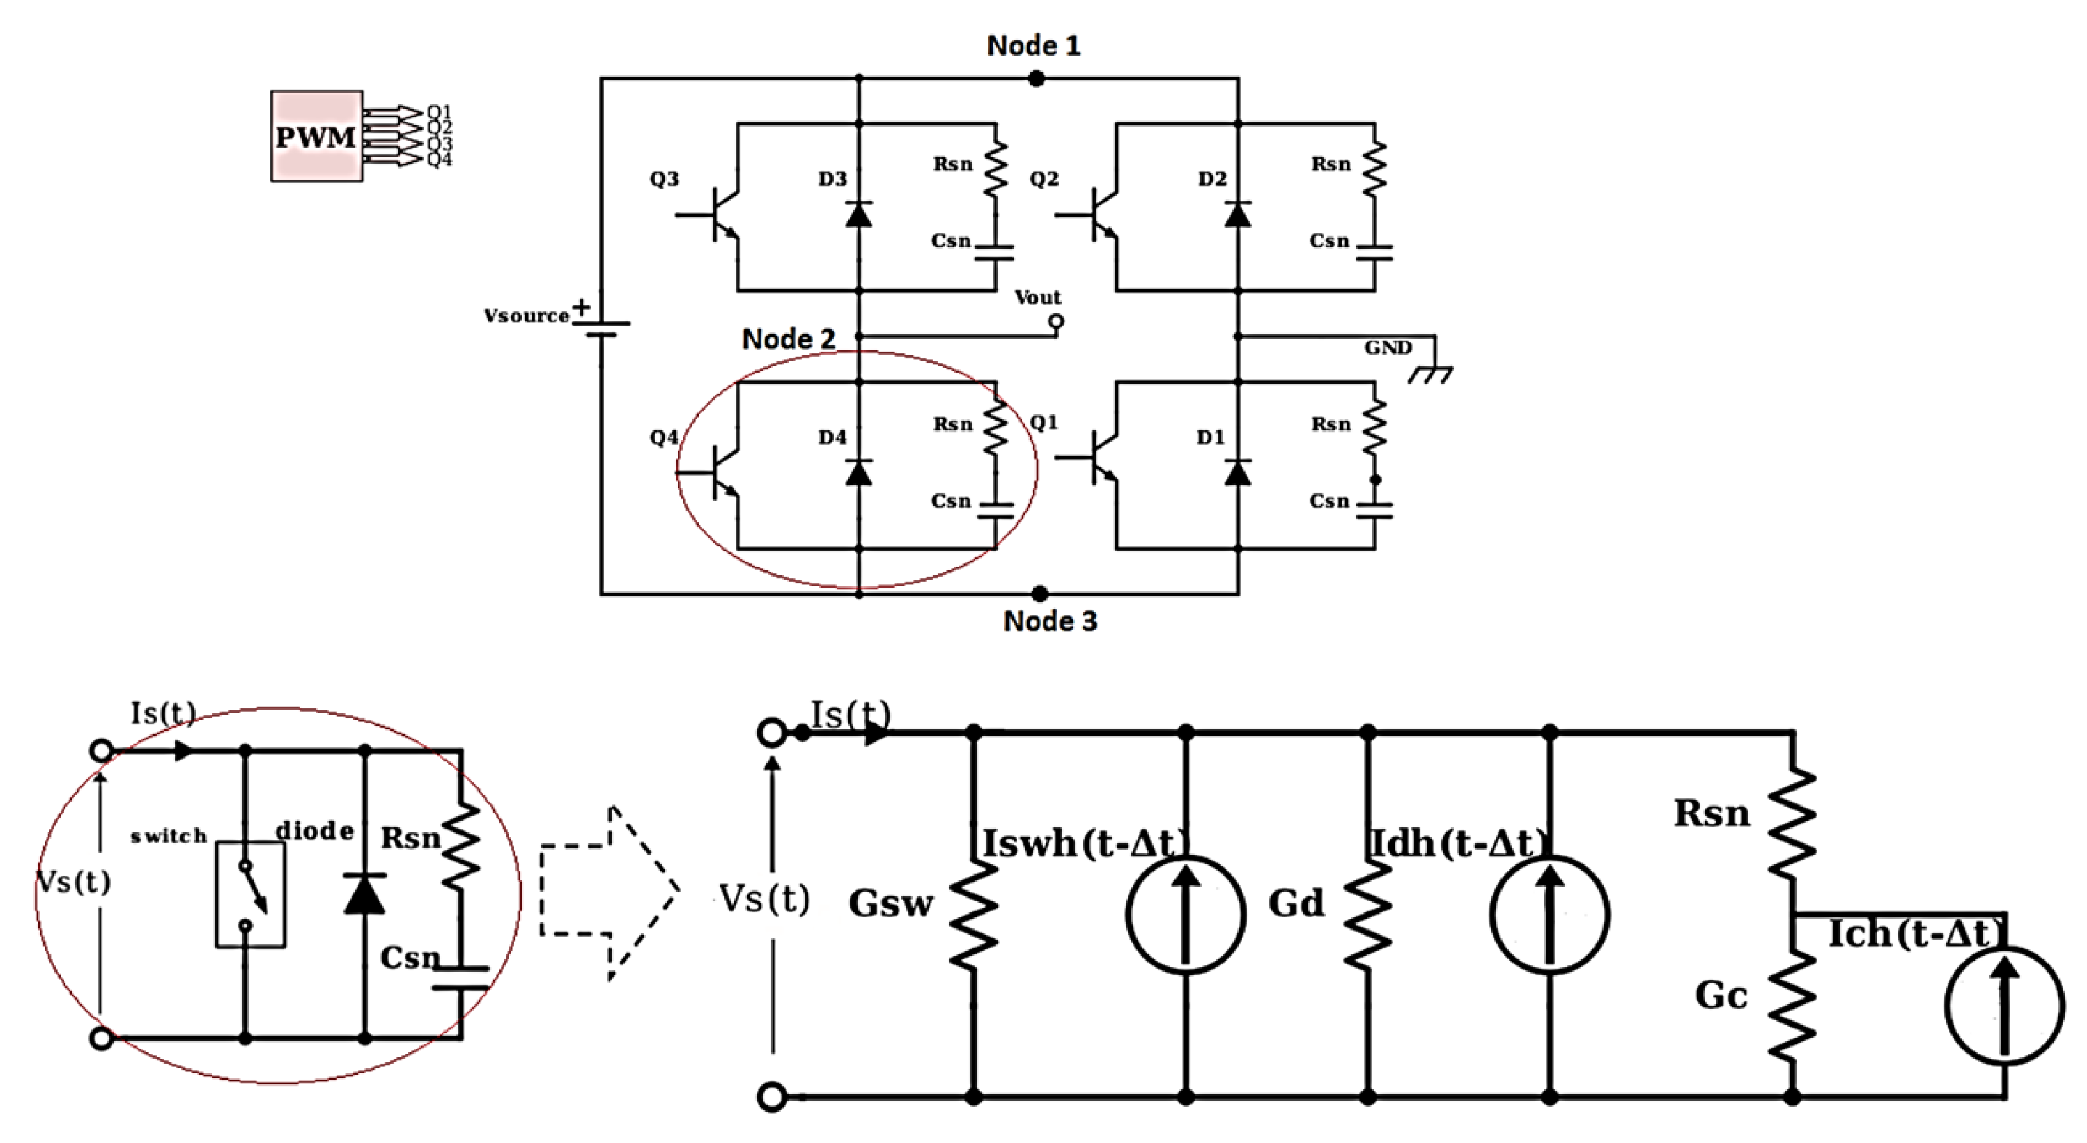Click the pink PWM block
click(x=316, y=136)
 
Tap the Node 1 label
click(x=1033, y=45)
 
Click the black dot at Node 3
click(x=1040, y=593)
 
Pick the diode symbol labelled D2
click(x=1237, y=215)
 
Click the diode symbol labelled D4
click(x=859, y=472)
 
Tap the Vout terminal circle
click(x=1055, y=322)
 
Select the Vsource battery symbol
click(x=601, y=327)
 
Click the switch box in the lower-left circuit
click(x=249, y=894)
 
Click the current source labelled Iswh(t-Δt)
click(x=1186, y=914)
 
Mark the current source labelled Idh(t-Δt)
click(x=1549, y=914)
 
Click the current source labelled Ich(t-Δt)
click(x=2003, y=1004)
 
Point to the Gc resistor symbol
click(x=1792, y=1004)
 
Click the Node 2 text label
click(x=789, y=339)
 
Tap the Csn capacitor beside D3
click(x=995, y=253)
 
